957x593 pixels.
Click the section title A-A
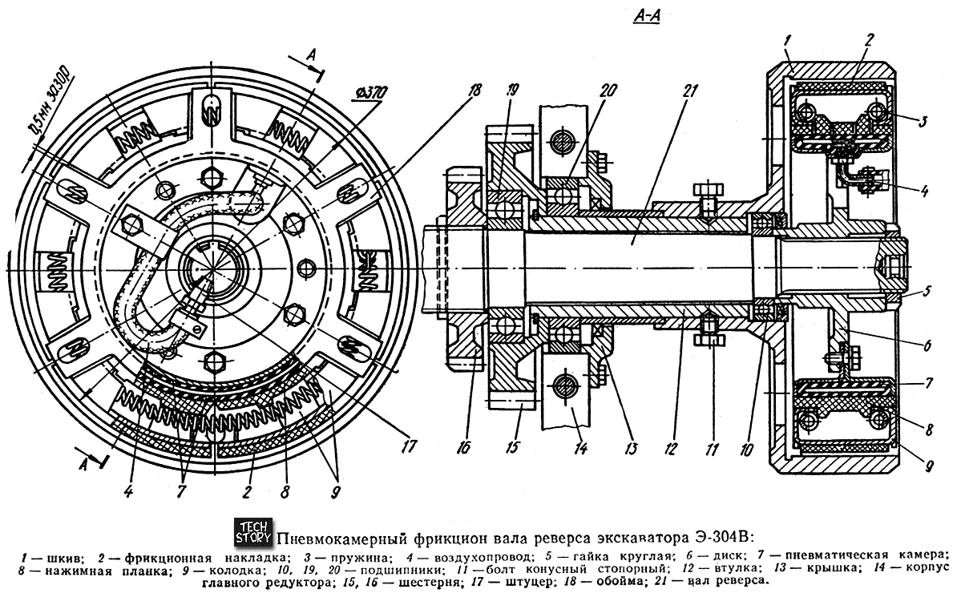(x=647, y=17)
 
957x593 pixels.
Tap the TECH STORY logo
(x=254, y=532)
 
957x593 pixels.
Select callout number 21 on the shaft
(x=688, y=91)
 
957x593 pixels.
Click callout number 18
(x=474, y=91)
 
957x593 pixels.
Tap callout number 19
(x=511, y=91)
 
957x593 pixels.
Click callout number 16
(x=463, y=448)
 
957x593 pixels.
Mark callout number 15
(x=511, y=448)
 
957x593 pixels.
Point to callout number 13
(x=631, y=449)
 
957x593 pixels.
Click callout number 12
(x=670, y=450)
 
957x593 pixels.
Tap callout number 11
(x=711, y=450)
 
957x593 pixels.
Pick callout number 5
(x=927, y=290)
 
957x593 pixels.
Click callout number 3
(x=922, y=121)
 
